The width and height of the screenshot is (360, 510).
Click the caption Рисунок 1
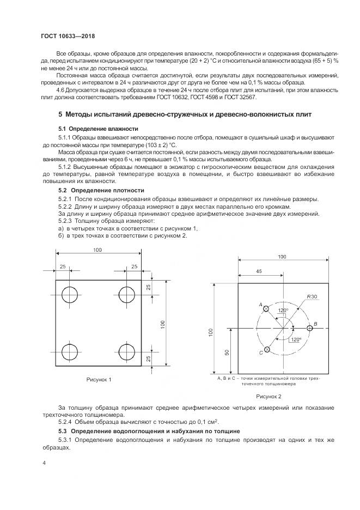coord(99,379)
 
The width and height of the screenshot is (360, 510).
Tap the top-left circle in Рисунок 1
coord(70,295)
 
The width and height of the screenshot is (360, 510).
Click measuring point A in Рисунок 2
coord(266,309)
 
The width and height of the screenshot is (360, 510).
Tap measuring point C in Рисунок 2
coord(266,350)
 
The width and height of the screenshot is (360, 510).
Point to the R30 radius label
coord(312,296)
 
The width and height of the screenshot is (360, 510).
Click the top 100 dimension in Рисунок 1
coord(98,250)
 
